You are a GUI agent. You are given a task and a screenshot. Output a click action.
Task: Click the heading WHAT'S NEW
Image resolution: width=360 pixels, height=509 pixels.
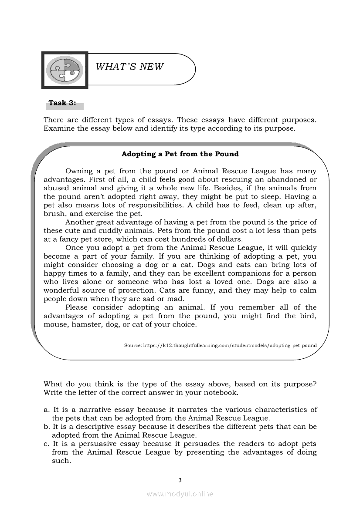[x=129, y=67]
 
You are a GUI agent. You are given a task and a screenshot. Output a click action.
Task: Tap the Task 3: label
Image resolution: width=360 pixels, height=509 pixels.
[x=62, y=103]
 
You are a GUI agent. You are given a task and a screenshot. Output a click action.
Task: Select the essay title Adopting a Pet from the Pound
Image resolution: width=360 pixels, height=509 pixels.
[x=180, y=154]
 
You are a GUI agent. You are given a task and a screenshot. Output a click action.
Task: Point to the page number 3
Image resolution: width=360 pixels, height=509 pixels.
[x=180, y=480]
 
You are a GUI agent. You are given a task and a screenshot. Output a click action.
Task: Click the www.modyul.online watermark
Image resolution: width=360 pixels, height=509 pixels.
[x=180, y=494]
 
